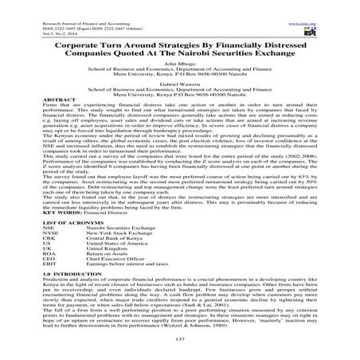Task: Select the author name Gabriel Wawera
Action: [180, 82]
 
